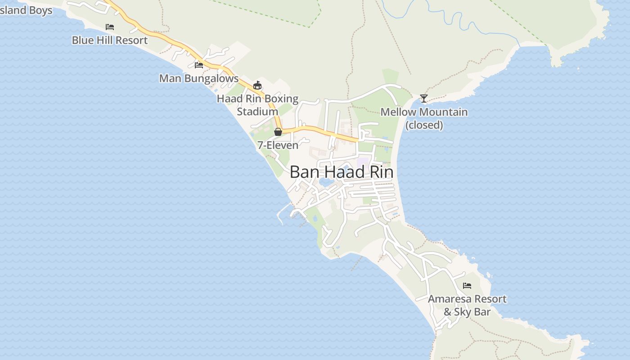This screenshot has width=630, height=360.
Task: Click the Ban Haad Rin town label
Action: [x=341, y=172]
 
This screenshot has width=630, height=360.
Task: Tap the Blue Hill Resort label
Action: [x=110, y=40]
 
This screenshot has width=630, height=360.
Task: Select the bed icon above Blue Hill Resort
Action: [x=110, y=27]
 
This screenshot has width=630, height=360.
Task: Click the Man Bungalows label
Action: [x=199, y=78]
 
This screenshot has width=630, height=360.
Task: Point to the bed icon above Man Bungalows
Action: [x=199, y=65]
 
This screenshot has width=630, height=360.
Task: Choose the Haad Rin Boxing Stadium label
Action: [x=257, y=105]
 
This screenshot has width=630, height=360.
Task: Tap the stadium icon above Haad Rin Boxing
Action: [x=257, y=85]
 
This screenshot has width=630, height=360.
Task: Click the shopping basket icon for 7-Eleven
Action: [x=278, y=132]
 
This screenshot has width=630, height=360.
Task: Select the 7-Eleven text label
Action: [x=278, y=145]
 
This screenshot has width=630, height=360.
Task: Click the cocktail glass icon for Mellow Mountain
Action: [x=423, y=98]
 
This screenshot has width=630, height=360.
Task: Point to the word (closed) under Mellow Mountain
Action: [x=424, y=125]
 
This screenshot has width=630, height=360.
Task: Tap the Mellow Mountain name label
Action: [x=424, y=112]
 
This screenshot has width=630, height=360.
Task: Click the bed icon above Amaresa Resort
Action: [x=467, y=286]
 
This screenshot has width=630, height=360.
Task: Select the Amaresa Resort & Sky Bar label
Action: [x=467, y=305]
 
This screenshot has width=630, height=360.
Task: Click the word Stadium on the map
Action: [x=257, y=112]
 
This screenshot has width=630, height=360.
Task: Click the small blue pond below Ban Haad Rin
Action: [x=326, y=182]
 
